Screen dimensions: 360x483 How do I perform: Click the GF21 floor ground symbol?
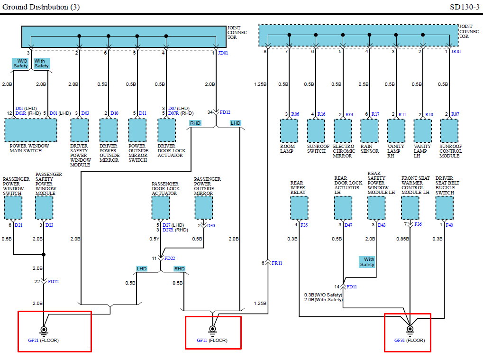[x=44, y=330]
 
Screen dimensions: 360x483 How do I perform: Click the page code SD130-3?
[x=465, y=7]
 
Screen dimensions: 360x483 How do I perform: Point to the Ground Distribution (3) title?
[x=41, y=7]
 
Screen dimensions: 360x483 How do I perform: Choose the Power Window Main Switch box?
[x=31, y=130]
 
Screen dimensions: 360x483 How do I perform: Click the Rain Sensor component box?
[x=369, y=130]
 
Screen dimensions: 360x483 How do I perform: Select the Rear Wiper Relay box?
[x=299, y=208]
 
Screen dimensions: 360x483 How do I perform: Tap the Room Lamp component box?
[x=289, y=130]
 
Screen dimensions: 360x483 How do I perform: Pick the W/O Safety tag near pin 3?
[x=20, y=64]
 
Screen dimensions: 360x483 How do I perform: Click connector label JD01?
[x=223, y=53]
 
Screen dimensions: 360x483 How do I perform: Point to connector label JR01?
[x=456, y=51]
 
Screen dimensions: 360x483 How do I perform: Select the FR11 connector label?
[x=277, y=262]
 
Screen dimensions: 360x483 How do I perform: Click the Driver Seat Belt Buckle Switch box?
[x=444, y=208]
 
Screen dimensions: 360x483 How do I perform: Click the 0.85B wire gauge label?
[x=403, y=239]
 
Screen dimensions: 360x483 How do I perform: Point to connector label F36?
[x=418, y=224]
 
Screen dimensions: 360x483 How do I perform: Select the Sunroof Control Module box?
[x=449, y=130]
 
